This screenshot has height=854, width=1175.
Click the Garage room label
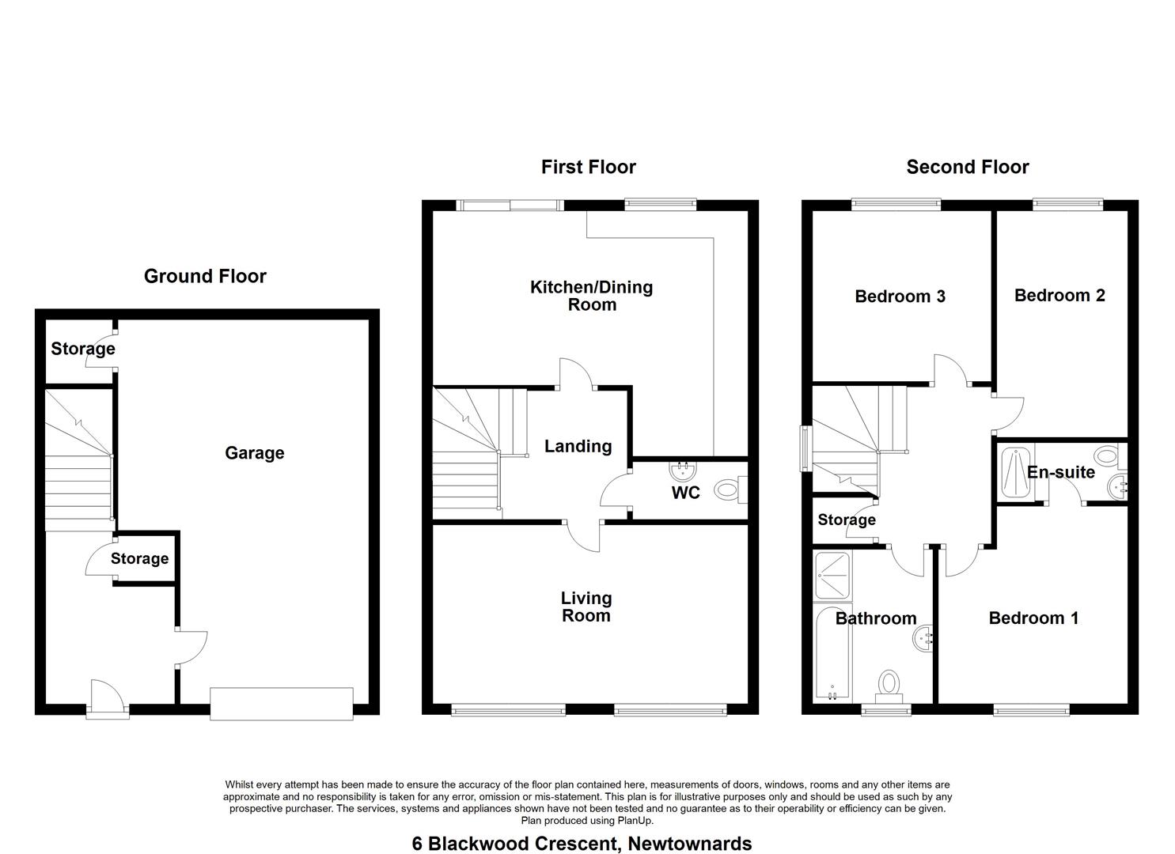pos(255,453)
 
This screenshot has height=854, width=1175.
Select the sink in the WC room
pos(684,470)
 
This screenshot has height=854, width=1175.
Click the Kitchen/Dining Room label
pos(592,296)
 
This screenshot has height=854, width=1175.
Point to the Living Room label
pos(586,606)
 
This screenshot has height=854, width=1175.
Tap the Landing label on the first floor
pos(578,446)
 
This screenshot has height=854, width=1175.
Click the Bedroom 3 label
pos(900,297)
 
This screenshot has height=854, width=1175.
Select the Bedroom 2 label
pos(1059,295)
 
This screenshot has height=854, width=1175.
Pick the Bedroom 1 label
pos(1033,618)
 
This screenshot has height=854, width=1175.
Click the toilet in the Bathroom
pos(889,686)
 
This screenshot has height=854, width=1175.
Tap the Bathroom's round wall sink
pos(923,640)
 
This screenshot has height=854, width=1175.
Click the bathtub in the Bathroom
pos(832,653)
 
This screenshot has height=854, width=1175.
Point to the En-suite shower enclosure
pos(1015,472)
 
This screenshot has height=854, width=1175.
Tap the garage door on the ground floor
pos(281,704)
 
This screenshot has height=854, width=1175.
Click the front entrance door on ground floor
pos(107,699)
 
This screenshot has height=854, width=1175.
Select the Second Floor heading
pos(967,167)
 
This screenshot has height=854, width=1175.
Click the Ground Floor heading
pos(205,276)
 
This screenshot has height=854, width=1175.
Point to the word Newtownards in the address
pos(690,844)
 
